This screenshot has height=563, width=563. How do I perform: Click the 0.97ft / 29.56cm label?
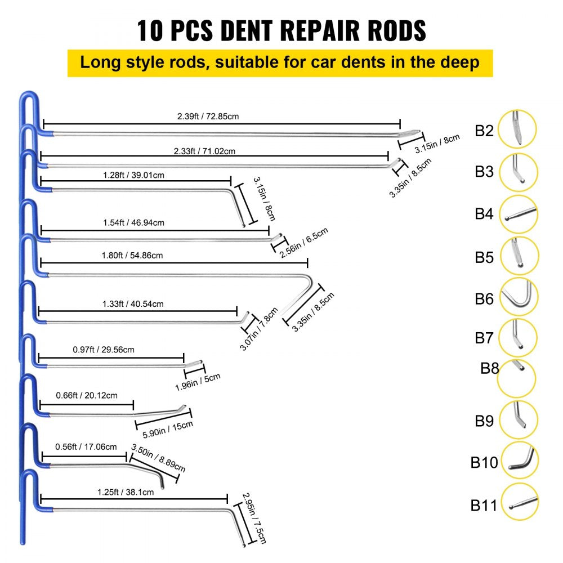coord(104,350)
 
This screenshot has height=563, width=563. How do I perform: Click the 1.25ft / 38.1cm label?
coord(125,492)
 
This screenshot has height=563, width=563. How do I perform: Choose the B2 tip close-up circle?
coord(517,129)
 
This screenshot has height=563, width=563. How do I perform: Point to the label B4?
coord(484,214)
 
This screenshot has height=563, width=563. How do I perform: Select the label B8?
coord(489,369)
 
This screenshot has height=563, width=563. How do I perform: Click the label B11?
coord(484,506)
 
